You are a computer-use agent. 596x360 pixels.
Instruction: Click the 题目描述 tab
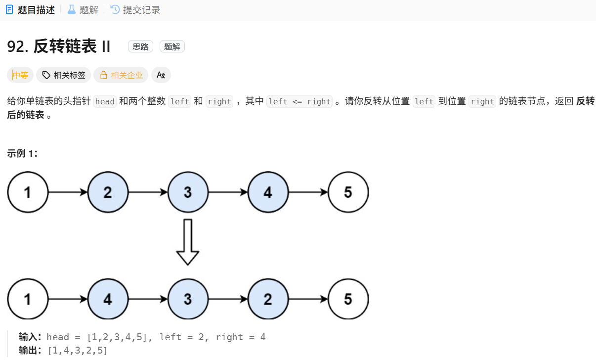31,10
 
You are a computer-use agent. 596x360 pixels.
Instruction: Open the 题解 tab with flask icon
83,10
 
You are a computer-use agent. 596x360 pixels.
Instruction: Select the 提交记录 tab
135,10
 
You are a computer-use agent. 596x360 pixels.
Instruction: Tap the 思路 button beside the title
140,46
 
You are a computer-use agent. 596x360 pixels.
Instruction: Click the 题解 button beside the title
172,46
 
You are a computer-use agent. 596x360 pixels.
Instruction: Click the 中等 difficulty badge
20,75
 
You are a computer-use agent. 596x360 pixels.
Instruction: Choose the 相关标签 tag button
64,75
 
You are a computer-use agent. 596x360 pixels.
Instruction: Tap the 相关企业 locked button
121,75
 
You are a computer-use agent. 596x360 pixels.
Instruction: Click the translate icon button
161,75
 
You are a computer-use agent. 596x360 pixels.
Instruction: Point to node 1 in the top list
28,192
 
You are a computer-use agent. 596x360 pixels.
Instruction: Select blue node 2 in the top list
108,192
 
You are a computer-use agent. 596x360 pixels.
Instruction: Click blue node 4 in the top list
268,192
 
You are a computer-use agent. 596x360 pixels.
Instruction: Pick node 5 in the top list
348,192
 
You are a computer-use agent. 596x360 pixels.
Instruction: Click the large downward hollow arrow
188,242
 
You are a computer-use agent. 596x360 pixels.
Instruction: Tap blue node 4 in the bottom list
108,299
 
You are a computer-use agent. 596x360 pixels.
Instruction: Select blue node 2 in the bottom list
268,299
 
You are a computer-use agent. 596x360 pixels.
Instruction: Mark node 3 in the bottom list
188,299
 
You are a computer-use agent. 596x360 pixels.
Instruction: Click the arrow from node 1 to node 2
68,192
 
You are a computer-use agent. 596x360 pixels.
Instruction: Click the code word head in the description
105,101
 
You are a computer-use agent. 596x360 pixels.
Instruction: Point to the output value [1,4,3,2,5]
78,351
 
